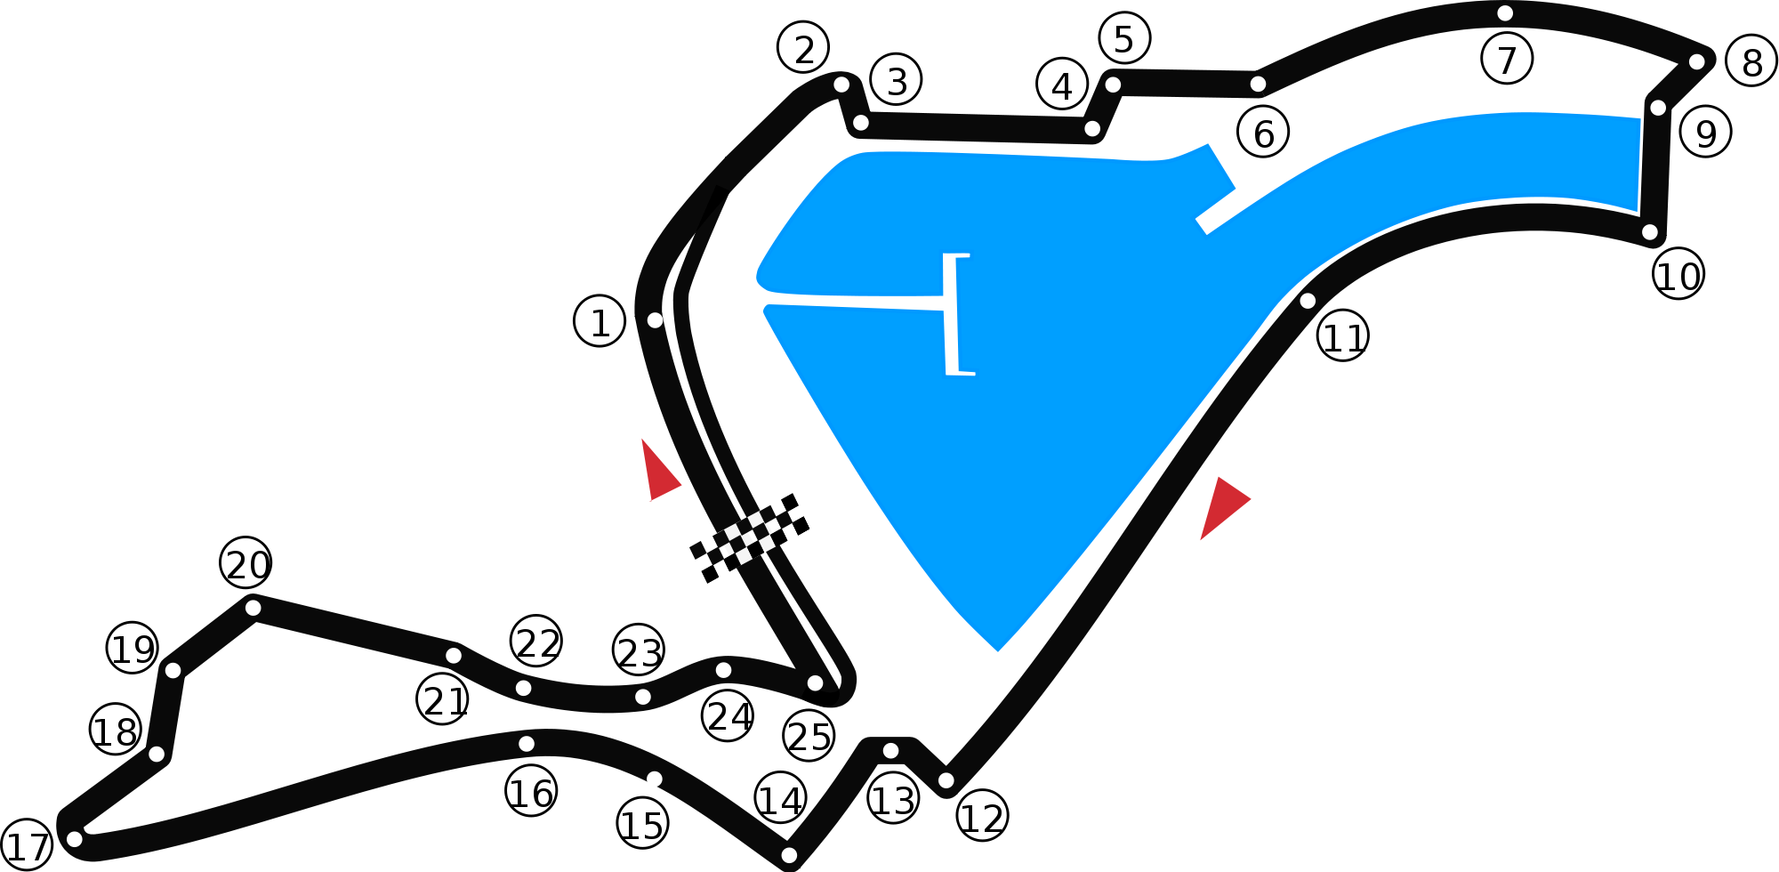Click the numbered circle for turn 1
tap(600, 321)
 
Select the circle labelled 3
tap(896, 80)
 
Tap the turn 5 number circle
tap(1124, 38)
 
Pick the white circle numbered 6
tap(1263, 133)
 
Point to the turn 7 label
tap(1507, 59)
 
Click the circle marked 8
tap(1751, 61)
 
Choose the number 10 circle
tap(1678, 274)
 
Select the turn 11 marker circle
tap(1343, 335)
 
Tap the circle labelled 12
tap(982, 816)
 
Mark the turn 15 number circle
tap(642, 823)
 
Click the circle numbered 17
tap(27, 844)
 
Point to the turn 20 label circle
tap(246, 562)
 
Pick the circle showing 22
tap(536, 641)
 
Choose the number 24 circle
tap(728, 715)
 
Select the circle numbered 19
tap(133, 648)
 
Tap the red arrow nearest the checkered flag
tap(659, 472)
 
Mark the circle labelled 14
tap(780, 798)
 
